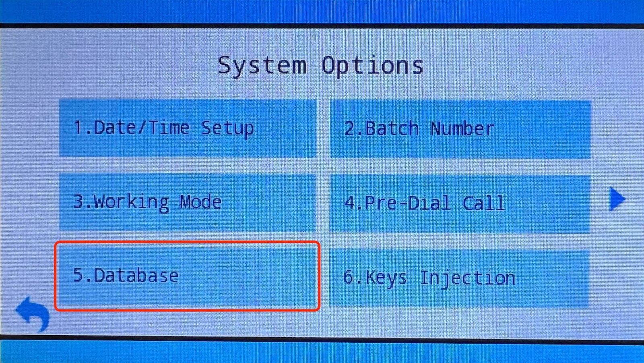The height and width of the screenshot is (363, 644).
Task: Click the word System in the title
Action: tap(262, 66)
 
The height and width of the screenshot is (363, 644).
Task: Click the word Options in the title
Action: tap(372, 66)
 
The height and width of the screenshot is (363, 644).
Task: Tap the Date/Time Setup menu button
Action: tap(188, 128)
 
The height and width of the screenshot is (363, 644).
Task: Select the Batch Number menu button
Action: tap(460, 129)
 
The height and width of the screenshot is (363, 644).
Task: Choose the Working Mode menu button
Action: tap(188, 202)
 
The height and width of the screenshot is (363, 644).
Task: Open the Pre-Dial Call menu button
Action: tap(460, 203)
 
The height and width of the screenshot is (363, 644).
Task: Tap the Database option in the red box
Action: tap(188, 276)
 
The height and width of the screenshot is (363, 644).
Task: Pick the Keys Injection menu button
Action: tap(459, 278)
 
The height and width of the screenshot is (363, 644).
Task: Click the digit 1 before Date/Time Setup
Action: tap(78, 127)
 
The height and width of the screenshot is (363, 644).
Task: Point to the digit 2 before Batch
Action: tap(350, 129)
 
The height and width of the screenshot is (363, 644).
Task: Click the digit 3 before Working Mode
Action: tap(78, 201)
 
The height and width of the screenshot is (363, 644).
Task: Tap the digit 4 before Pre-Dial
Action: tap(350, 203)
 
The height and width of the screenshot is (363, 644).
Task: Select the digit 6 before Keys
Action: tap(349, 277)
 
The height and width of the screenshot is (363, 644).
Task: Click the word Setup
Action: tap(227, 129)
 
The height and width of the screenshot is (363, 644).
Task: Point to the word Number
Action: tap(462, 129)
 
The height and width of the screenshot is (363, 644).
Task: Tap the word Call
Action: tap(483, 203)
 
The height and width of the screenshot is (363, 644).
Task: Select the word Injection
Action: tap(467, 278)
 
